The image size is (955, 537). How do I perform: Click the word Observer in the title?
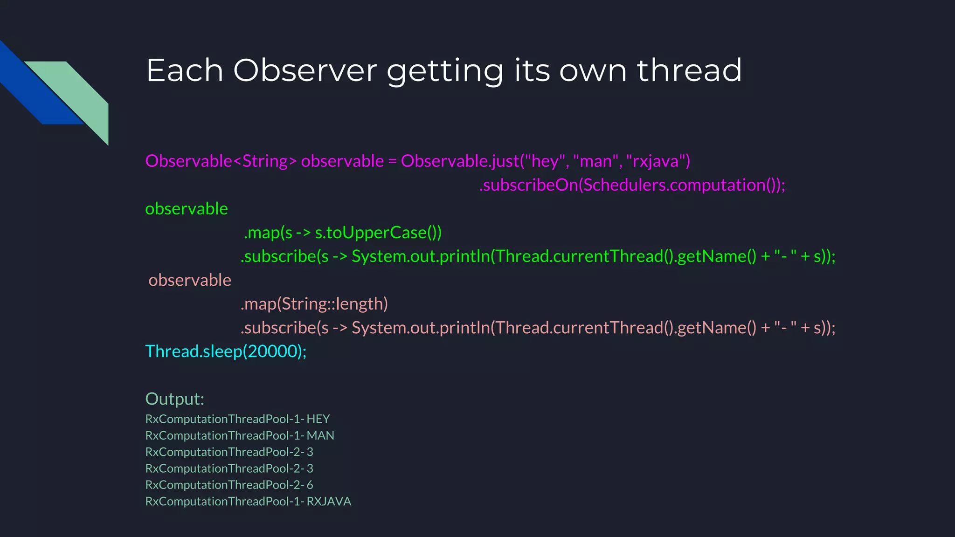click(305, 71)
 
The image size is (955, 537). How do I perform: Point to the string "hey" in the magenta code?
click(545, 161)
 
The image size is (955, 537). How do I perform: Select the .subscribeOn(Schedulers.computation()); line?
click(632, 185)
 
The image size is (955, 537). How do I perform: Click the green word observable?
click(187, 209)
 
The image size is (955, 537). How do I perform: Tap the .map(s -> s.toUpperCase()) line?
click(343, 233)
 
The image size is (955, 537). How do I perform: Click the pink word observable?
click(190, 280)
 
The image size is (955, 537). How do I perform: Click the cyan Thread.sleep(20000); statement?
click(226, 351)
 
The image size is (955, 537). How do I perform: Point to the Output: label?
click(175, 399)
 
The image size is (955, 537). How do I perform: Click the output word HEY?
click(318, 419)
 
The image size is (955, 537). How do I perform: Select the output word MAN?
click(320, 435)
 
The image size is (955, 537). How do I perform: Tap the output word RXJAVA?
click(329, 502)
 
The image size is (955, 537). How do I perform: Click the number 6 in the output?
click(310, 485)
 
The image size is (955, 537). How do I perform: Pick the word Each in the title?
click(185, 71)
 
